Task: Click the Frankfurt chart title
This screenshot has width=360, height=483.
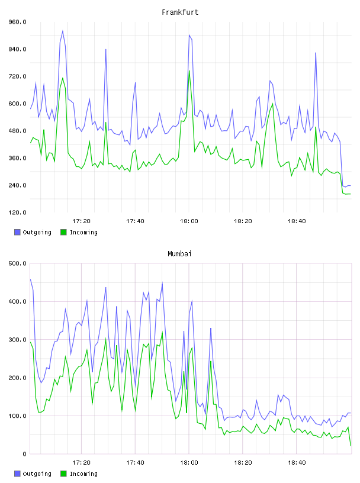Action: click(x=180, y=12)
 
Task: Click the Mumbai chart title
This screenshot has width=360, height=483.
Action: click(x=179, y=254)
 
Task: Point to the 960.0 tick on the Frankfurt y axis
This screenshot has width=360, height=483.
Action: click(x=18, y=22)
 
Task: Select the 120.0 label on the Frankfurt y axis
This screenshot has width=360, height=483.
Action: click(x=18, y=212)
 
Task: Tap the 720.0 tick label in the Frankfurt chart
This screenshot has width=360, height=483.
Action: click(x=18, y=76)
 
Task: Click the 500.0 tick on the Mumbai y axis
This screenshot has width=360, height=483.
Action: click(x=18, y=263)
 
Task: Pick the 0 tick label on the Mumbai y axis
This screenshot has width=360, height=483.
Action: click(x=25, y=454)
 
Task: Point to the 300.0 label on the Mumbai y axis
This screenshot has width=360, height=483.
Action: click(x=18, y=340)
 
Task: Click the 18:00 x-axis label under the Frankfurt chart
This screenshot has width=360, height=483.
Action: click(x=189, y=221)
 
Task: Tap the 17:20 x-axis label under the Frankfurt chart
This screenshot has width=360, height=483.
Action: click(x=81, y=221)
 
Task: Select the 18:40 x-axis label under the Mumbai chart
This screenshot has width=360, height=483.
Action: click(x=297, y=463)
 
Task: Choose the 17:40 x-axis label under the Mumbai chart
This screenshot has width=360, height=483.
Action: click(x=135, y=463)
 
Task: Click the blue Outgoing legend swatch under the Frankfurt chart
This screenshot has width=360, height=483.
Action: click(x=17, y=232)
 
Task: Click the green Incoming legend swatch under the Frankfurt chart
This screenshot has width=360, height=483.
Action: click(x=63, y=232)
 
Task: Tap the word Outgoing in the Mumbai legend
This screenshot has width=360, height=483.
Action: click(x=37, y=474)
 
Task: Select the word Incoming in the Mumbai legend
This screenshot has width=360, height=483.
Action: click(x=83, y=474)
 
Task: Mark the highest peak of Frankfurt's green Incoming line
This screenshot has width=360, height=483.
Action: click(x=189, y=71)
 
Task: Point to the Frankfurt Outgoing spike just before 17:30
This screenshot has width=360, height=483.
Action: click(x=106, y=49)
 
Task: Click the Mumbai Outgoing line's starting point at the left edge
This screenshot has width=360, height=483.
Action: click(x=30, y=279)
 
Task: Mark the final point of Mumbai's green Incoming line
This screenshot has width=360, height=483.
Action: click(x=351, y=446)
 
